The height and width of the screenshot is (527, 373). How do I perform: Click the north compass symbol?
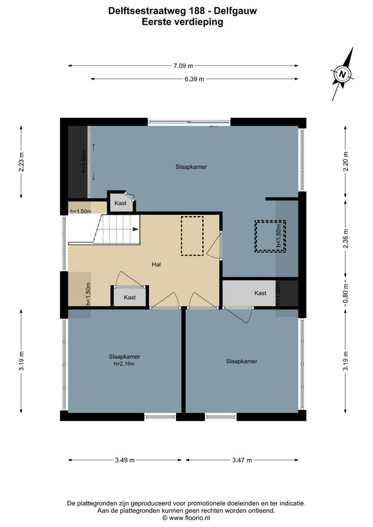tap(343, 74)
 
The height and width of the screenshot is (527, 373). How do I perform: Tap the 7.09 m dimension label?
tap(183, 66)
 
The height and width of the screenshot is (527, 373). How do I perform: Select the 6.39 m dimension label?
tap(194, 79)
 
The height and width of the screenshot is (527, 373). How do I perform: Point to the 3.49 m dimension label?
tap(125, 460)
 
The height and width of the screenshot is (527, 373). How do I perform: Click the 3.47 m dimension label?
tap(242, 460)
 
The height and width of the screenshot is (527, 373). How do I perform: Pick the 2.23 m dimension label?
tap(21, 162)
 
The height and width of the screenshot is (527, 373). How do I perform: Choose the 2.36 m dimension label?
tap(345, 238)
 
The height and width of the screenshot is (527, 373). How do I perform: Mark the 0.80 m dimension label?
tap(345, 293)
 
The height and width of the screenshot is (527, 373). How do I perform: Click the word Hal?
tap(156, 265)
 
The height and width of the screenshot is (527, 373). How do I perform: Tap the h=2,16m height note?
tap(125, 364)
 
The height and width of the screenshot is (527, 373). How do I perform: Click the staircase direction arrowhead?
tap(136, 229)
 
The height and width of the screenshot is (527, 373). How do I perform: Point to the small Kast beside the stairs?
tap(121, 203)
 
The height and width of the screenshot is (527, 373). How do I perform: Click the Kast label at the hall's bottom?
tap(130, 298)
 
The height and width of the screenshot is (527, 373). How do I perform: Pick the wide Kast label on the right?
tap(260, 293)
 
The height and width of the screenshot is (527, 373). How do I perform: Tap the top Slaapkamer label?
tap(191, 167)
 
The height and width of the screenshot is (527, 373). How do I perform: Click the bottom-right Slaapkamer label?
tap(242, 361)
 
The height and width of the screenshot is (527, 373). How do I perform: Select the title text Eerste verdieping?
tap(183, 22)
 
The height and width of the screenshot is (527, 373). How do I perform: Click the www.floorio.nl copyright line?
tap(186, 518)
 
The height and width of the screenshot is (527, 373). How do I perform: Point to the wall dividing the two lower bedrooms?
tap(184, 360)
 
